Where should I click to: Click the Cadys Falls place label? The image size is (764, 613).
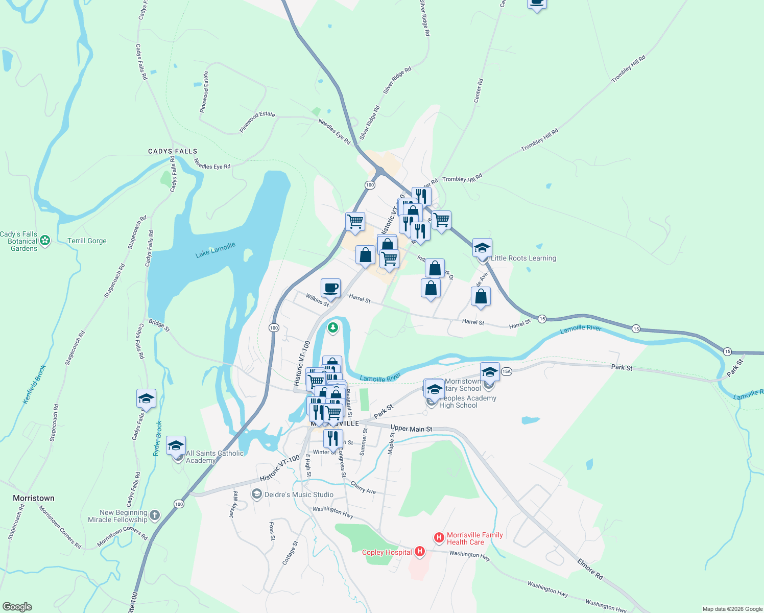coord(173,151)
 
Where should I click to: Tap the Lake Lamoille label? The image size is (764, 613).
coord(215,250)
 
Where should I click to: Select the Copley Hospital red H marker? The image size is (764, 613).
coord(420,551)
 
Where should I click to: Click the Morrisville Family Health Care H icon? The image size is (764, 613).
coord(439,537)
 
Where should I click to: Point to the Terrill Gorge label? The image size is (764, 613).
coord(87,241)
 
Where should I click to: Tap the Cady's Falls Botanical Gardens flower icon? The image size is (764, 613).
coord(45,240)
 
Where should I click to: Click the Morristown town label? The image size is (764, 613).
coord(34,498)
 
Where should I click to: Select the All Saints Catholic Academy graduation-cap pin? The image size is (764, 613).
coord(176,446)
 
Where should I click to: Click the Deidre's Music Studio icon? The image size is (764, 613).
coord(257,494)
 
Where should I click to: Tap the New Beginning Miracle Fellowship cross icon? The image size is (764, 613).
coord(155,515)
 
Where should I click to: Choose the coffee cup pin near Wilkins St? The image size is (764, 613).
coord(330,288)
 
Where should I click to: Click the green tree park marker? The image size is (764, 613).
coord(333,327)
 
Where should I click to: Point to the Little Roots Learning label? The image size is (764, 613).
coord(523,258)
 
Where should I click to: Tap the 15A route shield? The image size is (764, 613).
coord(506,371)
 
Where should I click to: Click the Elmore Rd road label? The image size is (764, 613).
coord(590,569)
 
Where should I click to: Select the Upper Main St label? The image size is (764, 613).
coord(411,429)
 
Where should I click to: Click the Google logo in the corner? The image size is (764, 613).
coord(17,607)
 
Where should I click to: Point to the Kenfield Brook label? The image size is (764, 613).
coord(35,384)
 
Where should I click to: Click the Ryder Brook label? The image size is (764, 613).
coord(158,438)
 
